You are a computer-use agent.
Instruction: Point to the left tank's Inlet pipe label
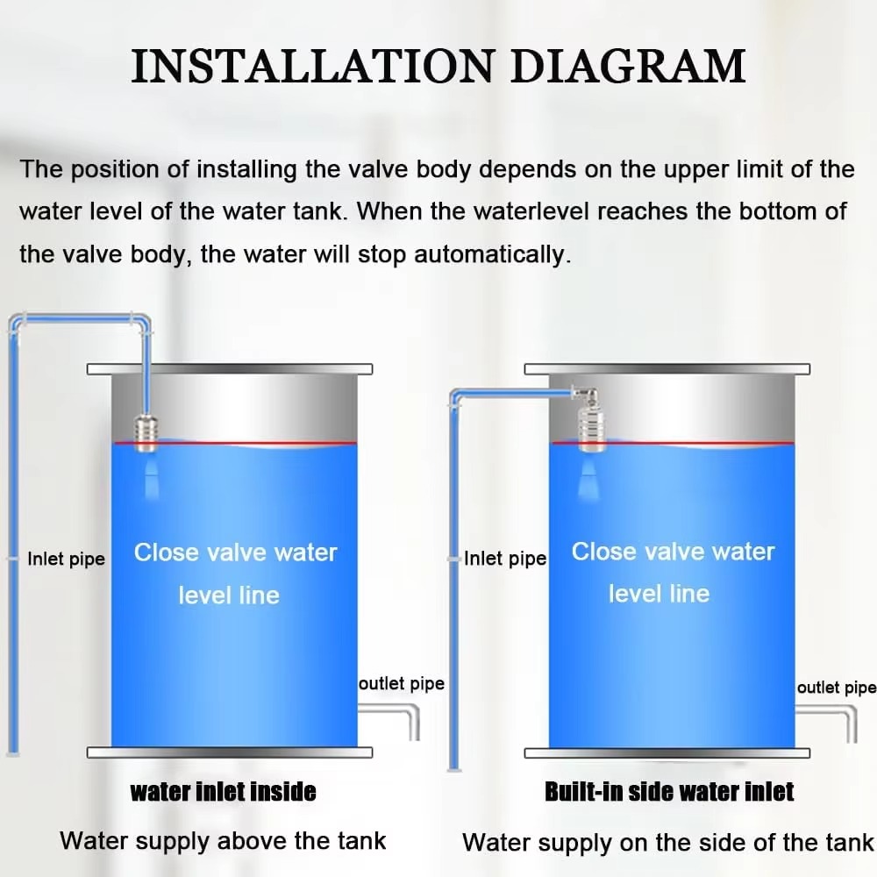[x=66, y=559]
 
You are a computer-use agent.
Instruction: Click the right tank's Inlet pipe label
[x=505, y=559]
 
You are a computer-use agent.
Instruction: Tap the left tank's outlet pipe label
[x=402, y=683]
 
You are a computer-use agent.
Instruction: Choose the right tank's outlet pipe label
[x=836, y=688]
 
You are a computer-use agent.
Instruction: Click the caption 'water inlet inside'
[x=223, y=792]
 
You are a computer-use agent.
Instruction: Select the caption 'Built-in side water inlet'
[x=669, y=792]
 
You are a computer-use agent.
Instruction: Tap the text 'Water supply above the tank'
[x=223, y=841]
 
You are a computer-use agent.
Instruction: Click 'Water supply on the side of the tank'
[x=668, y=843]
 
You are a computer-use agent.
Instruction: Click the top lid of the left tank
[x=230, y=368]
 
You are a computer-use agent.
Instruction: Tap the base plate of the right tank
[x=666, y=752]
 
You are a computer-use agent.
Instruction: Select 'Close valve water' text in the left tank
[x=235, y=553]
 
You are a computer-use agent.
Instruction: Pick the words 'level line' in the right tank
[x=659, y=594]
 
